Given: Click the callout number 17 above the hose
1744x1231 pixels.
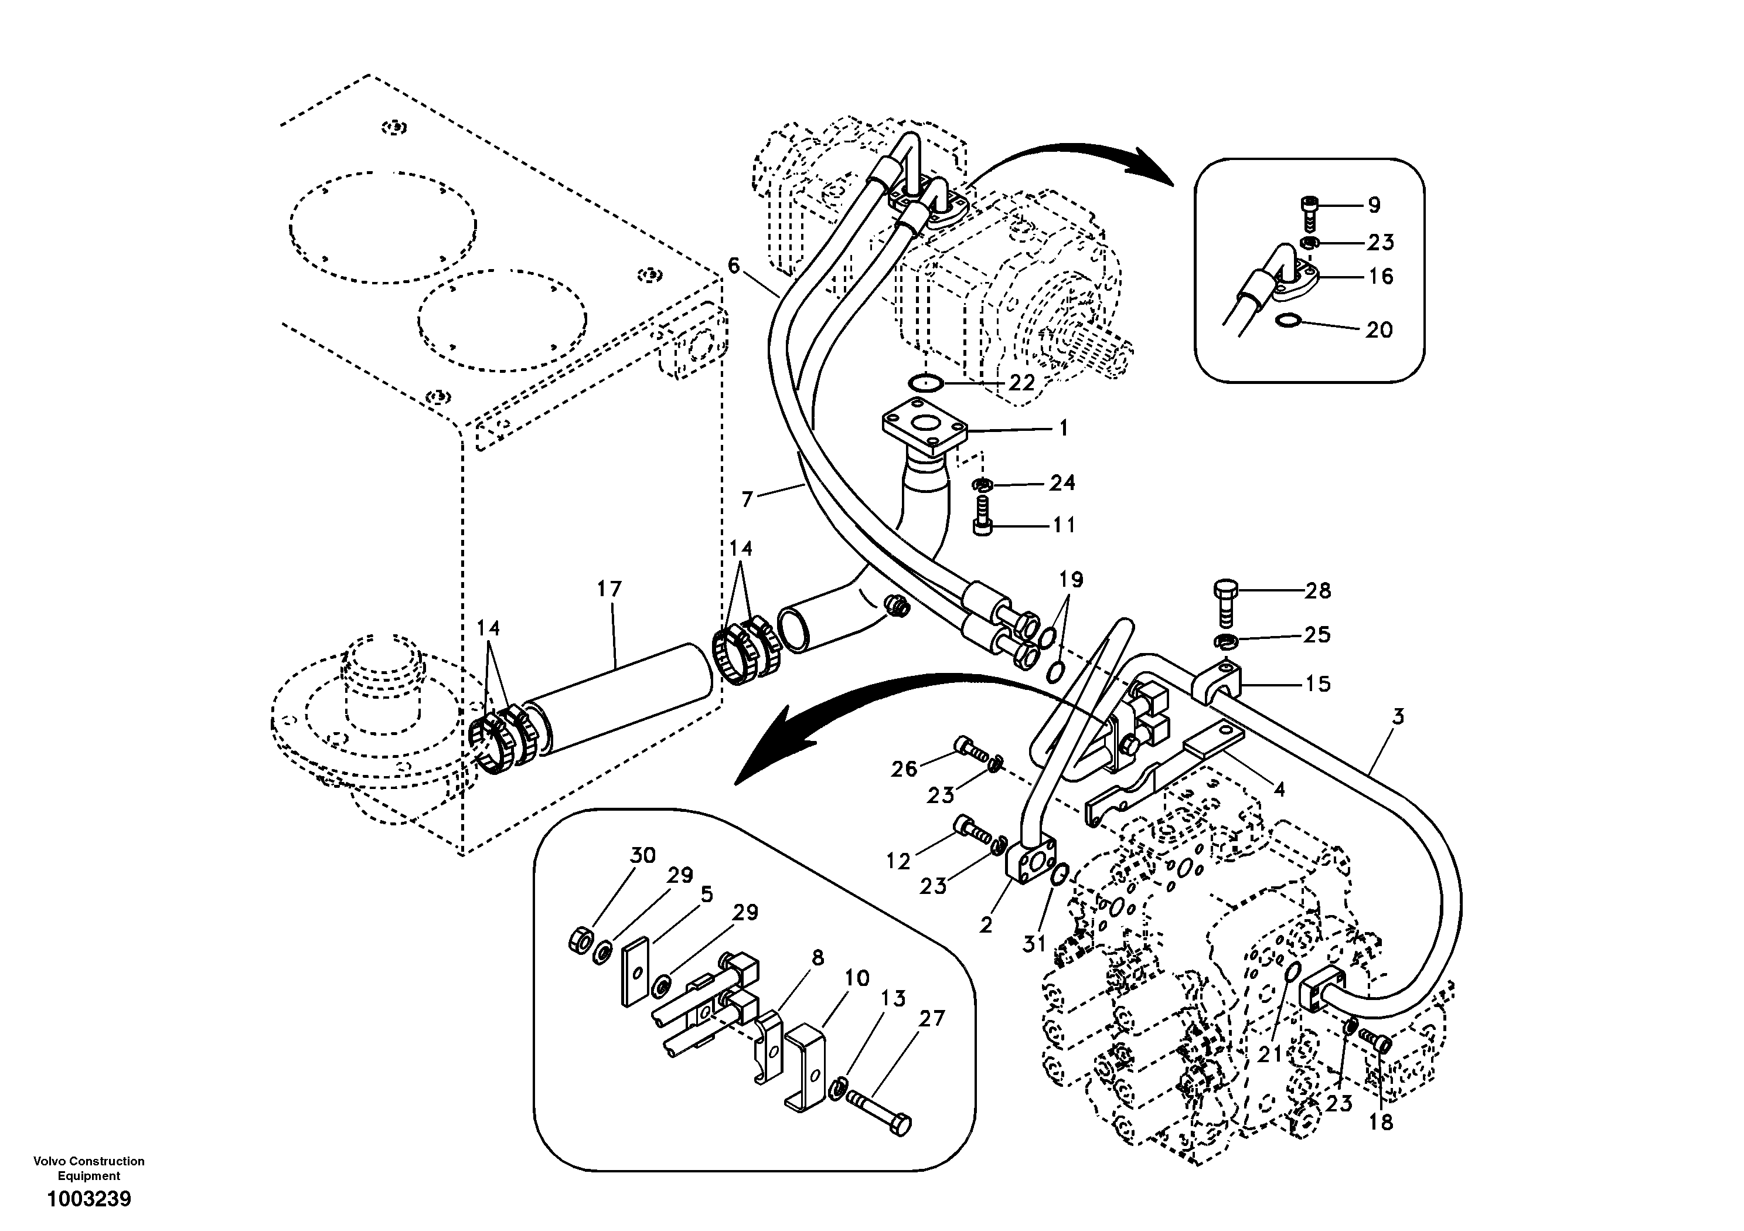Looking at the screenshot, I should click(609, 590).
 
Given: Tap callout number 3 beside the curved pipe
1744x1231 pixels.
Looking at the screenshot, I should click(1398, 716).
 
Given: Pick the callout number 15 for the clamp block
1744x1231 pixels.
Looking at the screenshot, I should click(1318, 684).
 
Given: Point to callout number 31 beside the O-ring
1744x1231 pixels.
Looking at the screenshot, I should click(1034, 944).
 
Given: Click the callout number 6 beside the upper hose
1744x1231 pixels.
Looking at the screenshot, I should click(733, 265).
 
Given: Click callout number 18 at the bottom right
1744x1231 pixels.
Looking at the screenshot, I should click(1381, 1123).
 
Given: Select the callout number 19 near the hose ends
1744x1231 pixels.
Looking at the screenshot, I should click(1071, 580).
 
